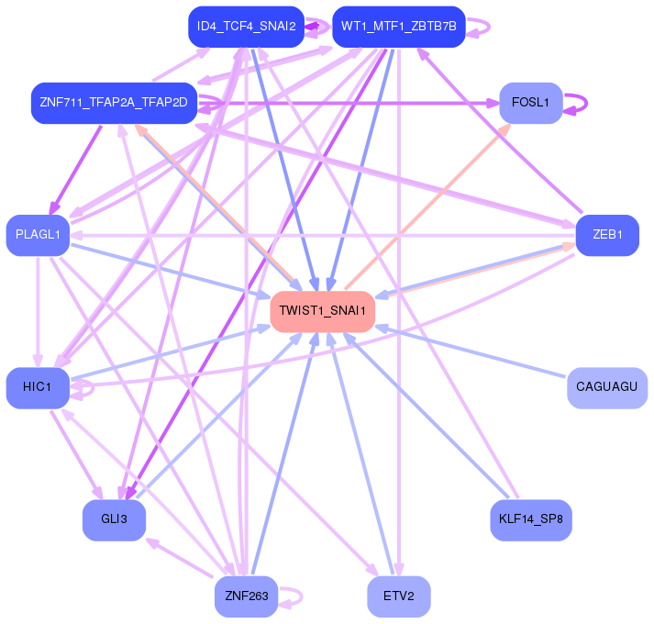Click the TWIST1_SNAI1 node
coord(322,312)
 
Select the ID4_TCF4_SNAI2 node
coord(246,27)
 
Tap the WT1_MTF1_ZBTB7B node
coord(399,27)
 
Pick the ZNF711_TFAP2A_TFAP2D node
coord(114,103)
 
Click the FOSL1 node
coord(531,103)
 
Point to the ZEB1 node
coord(607,236)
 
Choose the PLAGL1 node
coord(38,236)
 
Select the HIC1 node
coord(38,388)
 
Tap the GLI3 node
coord(114,520)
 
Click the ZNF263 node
coord(246,596)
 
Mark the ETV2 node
coord(399,596)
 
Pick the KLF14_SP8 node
coord(531,520)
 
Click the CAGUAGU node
coord(607,388)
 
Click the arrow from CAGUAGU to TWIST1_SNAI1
coord(471,351)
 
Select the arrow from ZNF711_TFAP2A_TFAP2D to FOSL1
coord(349,103)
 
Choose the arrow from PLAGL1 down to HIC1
coord(38,312)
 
